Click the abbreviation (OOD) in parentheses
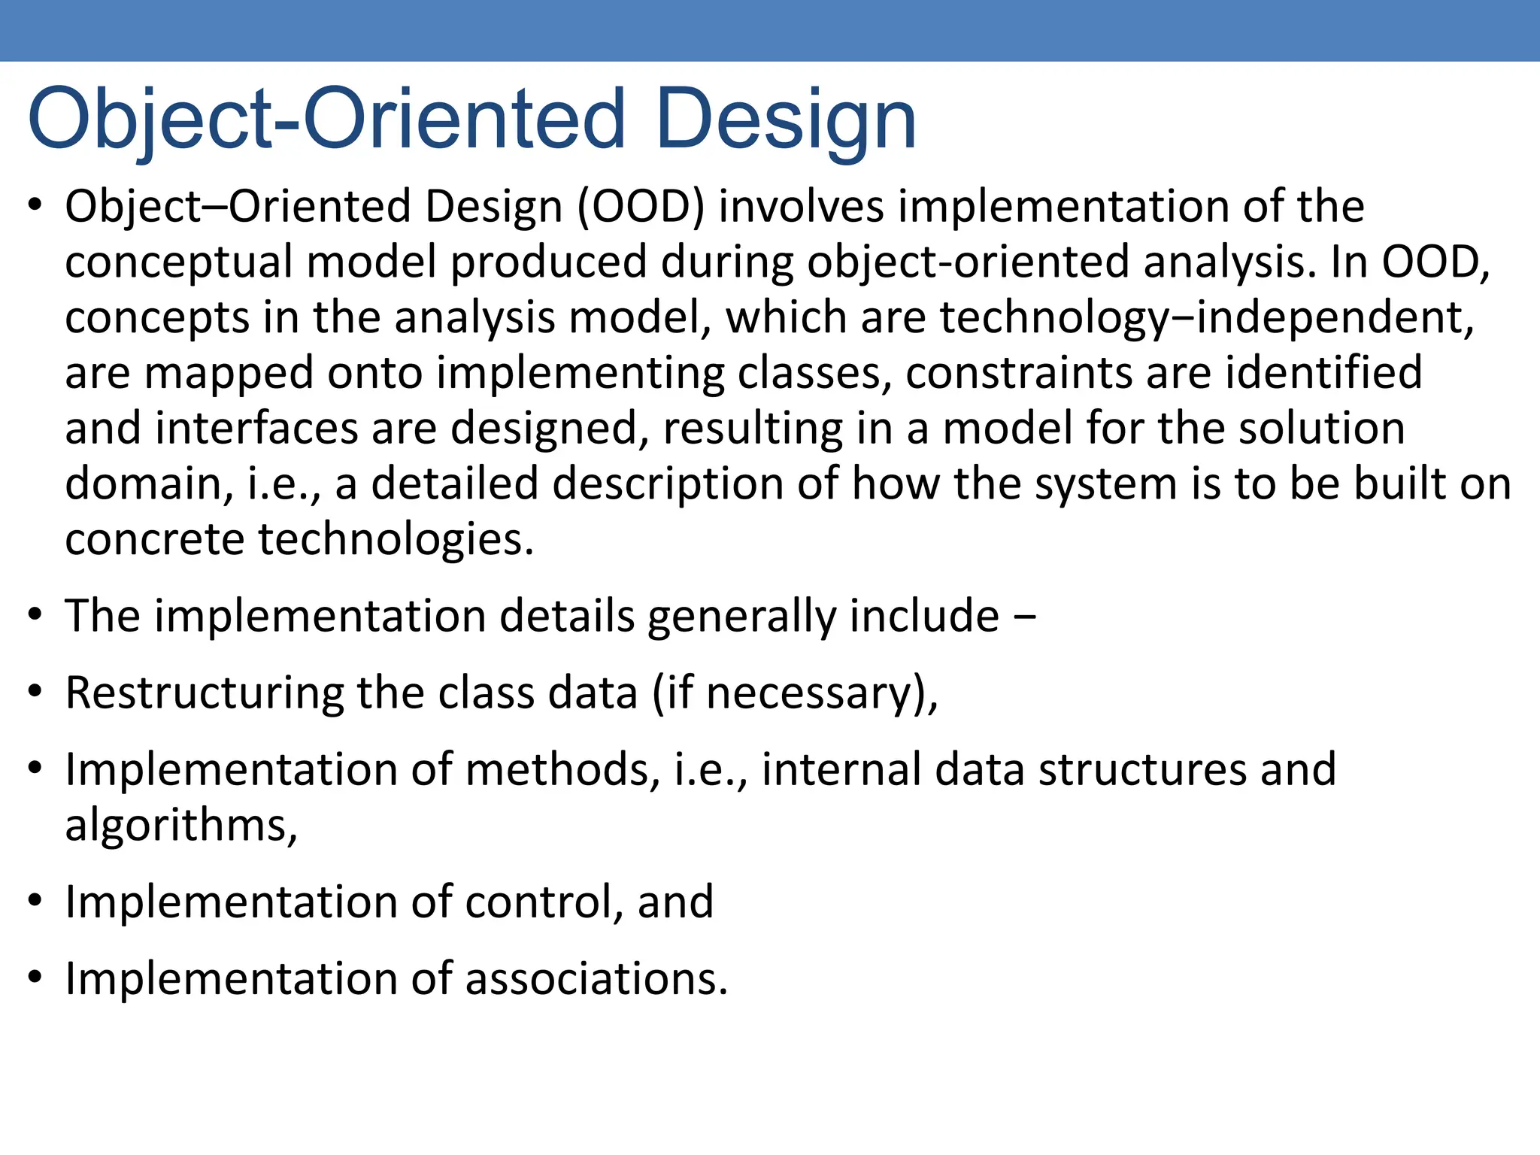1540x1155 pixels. [x=641, y=207]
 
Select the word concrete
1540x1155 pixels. [x=154, y=540]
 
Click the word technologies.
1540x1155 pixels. [x=395, y=540]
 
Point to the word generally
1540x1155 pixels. [x=741, y=617]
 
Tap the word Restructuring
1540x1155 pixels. [x=204, y=693]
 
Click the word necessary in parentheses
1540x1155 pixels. [x=808, y=693]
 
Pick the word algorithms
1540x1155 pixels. [x=180, y=826]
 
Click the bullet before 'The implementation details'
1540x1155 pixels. [x=35, y=615]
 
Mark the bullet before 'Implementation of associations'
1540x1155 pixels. [x=35, y=978]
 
